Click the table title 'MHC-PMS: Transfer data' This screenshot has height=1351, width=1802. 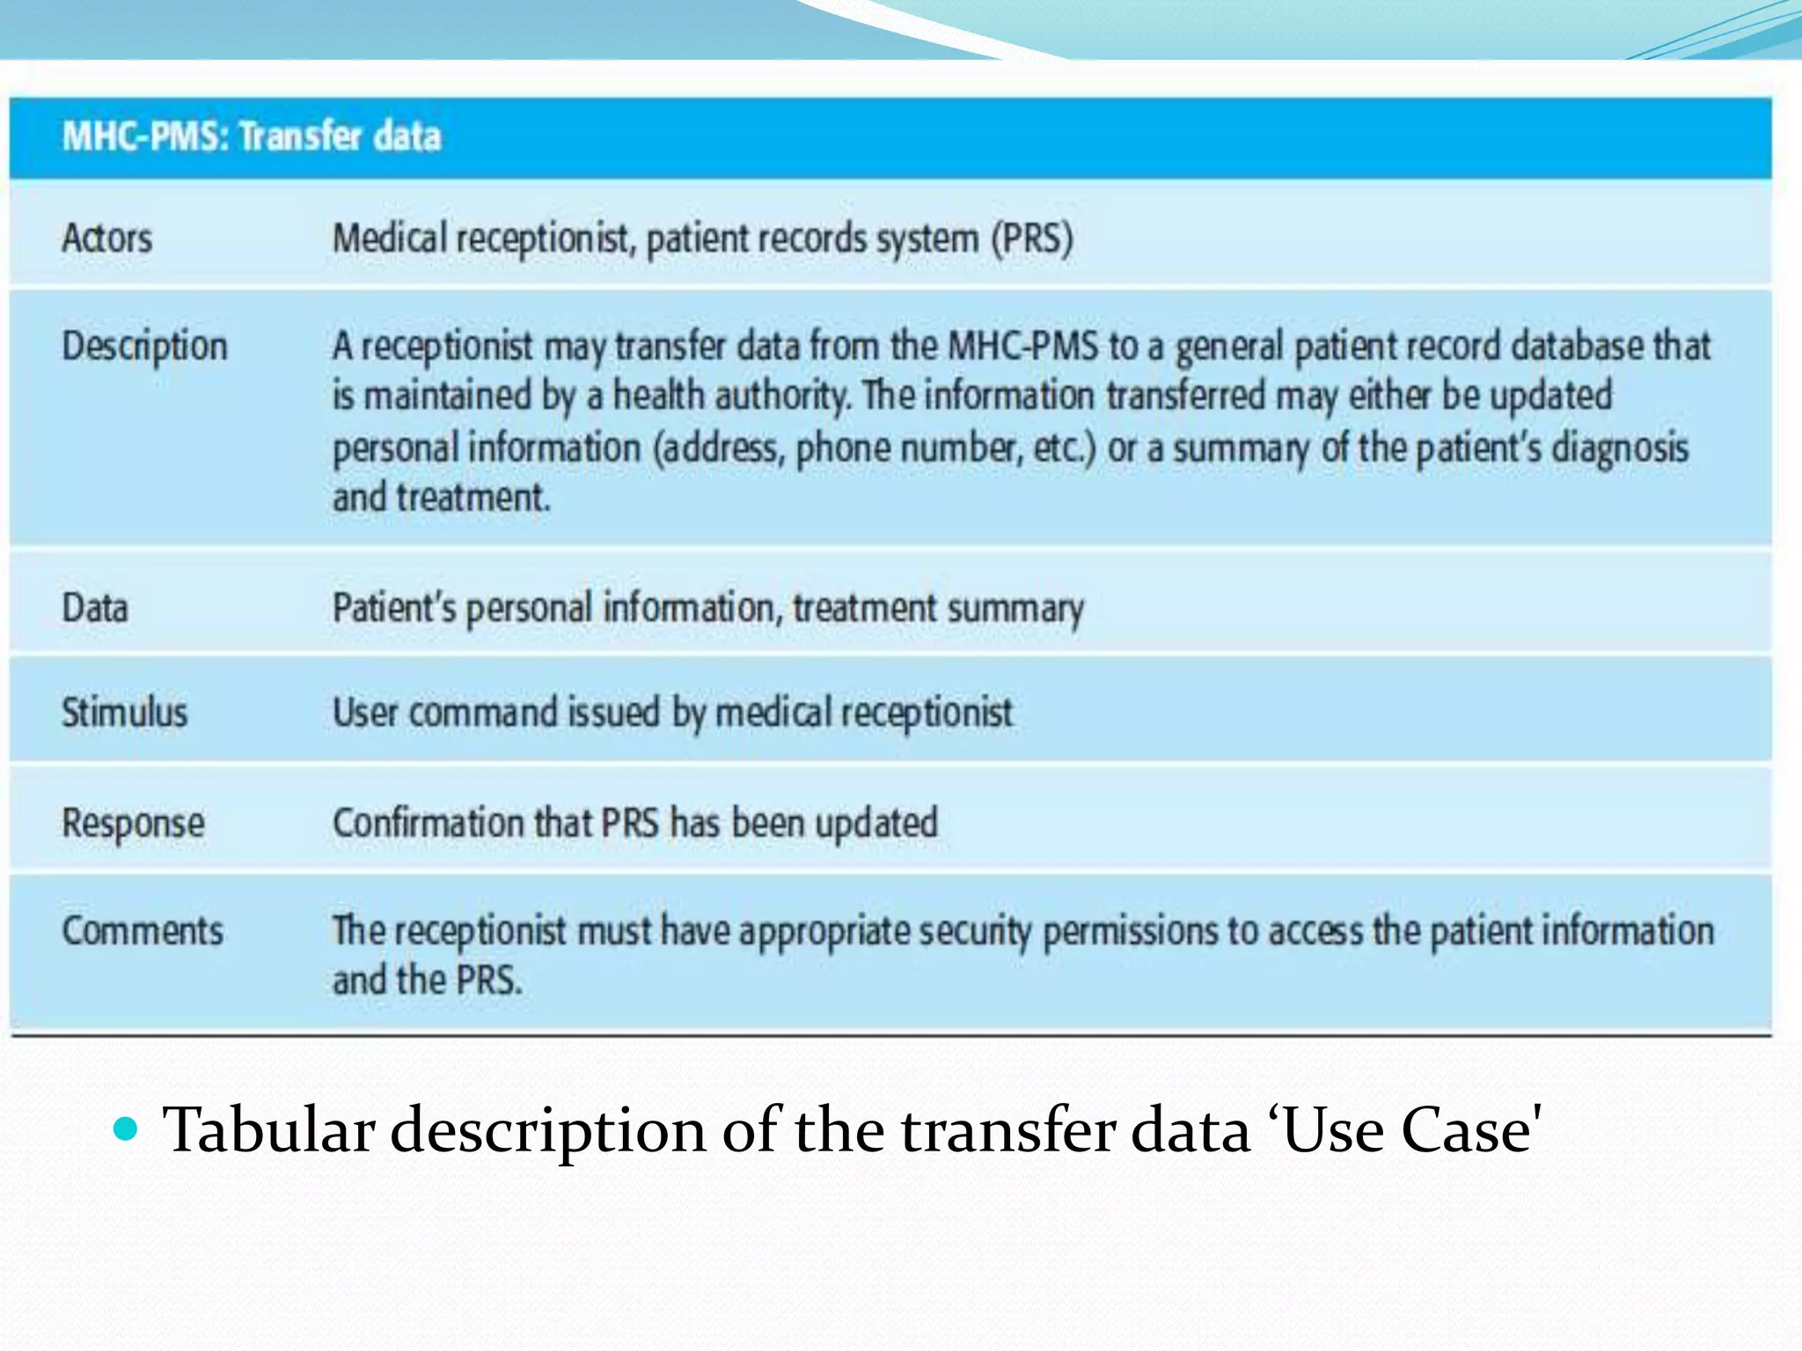pos(252,136)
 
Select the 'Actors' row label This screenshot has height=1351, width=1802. pos(106,238)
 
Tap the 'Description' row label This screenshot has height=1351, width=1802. pos(144,346)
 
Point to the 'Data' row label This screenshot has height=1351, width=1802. pos(95,608)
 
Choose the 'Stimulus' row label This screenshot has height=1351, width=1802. pos(124,712)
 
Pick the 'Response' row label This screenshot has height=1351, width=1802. pos(133,823)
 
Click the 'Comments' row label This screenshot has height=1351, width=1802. pos(143,931)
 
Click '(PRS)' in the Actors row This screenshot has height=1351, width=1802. pos(1032,238)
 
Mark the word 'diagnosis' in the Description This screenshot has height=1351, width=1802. pos(1620,448)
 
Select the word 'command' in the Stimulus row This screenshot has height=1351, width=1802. pos(483,712)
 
